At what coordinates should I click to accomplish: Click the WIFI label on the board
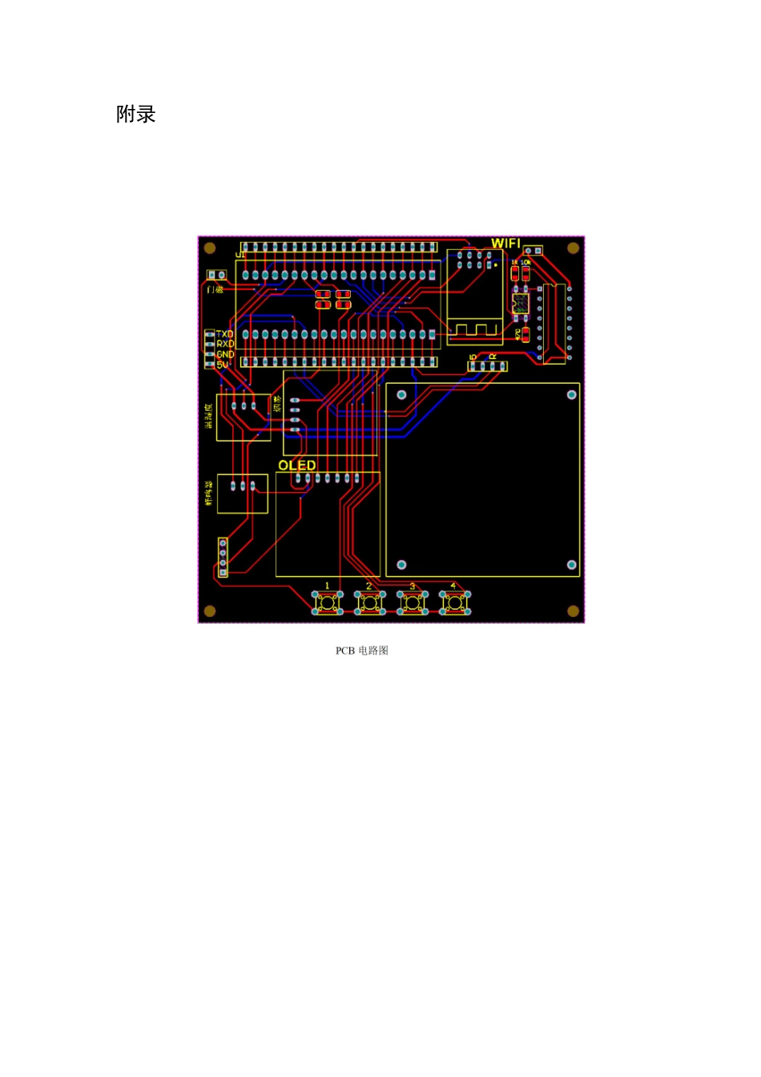point(505,243)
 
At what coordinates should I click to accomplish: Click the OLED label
point(296,466)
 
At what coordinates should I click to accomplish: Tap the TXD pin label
point(225,334)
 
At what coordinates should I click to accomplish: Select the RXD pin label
point(225,344)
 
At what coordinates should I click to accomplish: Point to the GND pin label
point(225,354)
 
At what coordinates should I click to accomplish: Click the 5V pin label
point(222,365)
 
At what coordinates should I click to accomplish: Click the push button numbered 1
point(327,603)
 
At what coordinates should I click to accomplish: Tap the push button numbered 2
point(369,603)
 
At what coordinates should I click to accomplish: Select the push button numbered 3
point(413,603)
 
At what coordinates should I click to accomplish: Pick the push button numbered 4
point(455,603)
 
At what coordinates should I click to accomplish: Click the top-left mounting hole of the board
point(210,248)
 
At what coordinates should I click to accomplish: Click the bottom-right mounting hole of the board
point(573,611)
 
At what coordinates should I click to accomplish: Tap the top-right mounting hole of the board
point(573,248)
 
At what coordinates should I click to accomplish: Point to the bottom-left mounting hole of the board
point(210,611)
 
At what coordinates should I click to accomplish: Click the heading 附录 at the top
point(135,115)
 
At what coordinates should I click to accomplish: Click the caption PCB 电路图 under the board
point(362,651)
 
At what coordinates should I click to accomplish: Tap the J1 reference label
point(240,255)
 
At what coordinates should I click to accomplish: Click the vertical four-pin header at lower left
point(223,557)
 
